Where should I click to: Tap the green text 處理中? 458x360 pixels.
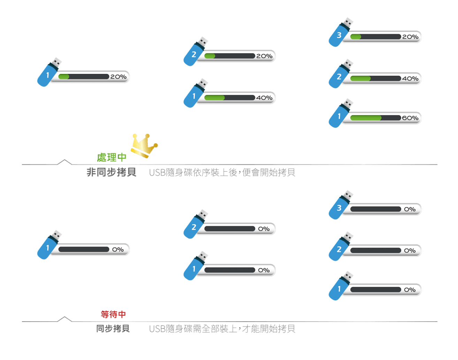pos(112,158)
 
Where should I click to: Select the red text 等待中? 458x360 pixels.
pos(113,314)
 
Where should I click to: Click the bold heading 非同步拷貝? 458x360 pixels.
pos(112,172)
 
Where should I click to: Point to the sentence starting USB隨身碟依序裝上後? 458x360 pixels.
pos(222,172)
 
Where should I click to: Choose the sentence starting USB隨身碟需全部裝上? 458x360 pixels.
pos(222,329)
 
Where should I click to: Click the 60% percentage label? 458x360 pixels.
pos(410,118)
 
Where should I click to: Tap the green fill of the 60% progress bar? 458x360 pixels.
pos(365,118)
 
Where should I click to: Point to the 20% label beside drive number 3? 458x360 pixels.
pos(410,37)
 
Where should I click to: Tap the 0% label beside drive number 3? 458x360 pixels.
pos(410,209)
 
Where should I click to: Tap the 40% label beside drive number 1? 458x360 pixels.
pos(264,98)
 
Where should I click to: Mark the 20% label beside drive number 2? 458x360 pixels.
pos(264,56)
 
